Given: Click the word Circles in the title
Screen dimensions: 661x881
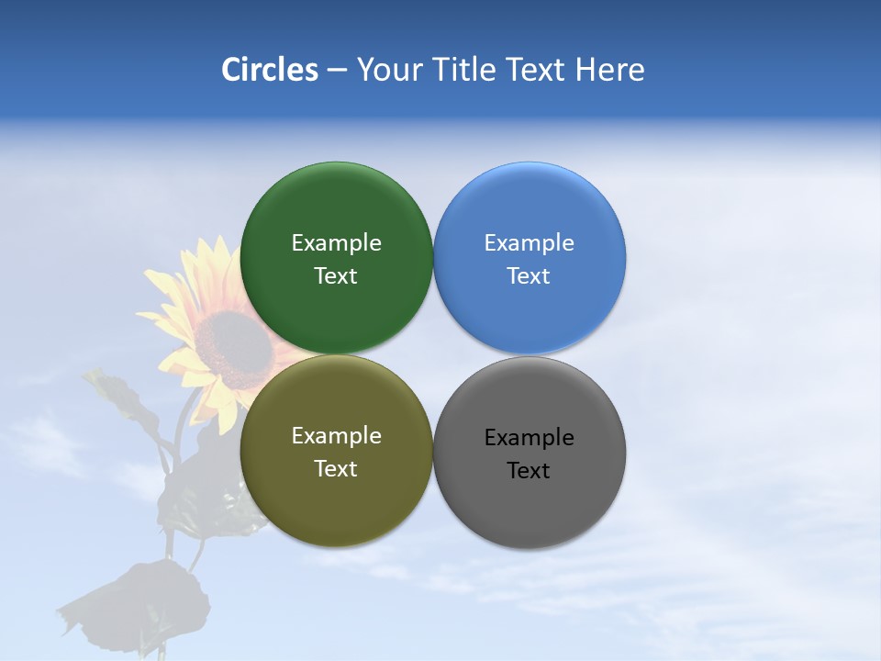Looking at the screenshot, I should [x=269, y=70].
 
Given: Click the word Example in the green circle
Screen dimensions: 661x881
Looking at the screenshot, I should [x=336, y=243].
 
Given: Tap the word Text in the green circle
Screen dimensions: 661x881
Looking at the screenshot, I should [x=336, y=276].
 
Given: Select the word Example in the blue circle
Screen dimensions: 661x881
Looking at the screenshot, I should [x=530, y=243].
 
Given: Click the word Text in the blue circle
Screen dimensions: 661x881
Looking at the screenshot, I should [x=530, y=276].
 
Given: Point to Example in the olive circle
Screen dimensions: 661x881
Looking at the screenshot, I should [x=336, y=436].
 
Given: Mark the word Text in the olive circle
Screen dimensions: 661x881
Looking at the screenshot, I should [x=336, y=469].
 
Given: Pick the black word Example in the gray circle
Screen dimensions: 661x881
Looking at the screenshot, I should [x=530, y=438].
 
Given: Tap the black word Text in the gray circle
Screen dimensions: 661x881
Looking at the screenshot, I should [x=530, y=471].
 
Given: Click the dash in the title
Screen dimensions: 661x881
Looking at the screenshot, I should [x=337, y=71].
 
